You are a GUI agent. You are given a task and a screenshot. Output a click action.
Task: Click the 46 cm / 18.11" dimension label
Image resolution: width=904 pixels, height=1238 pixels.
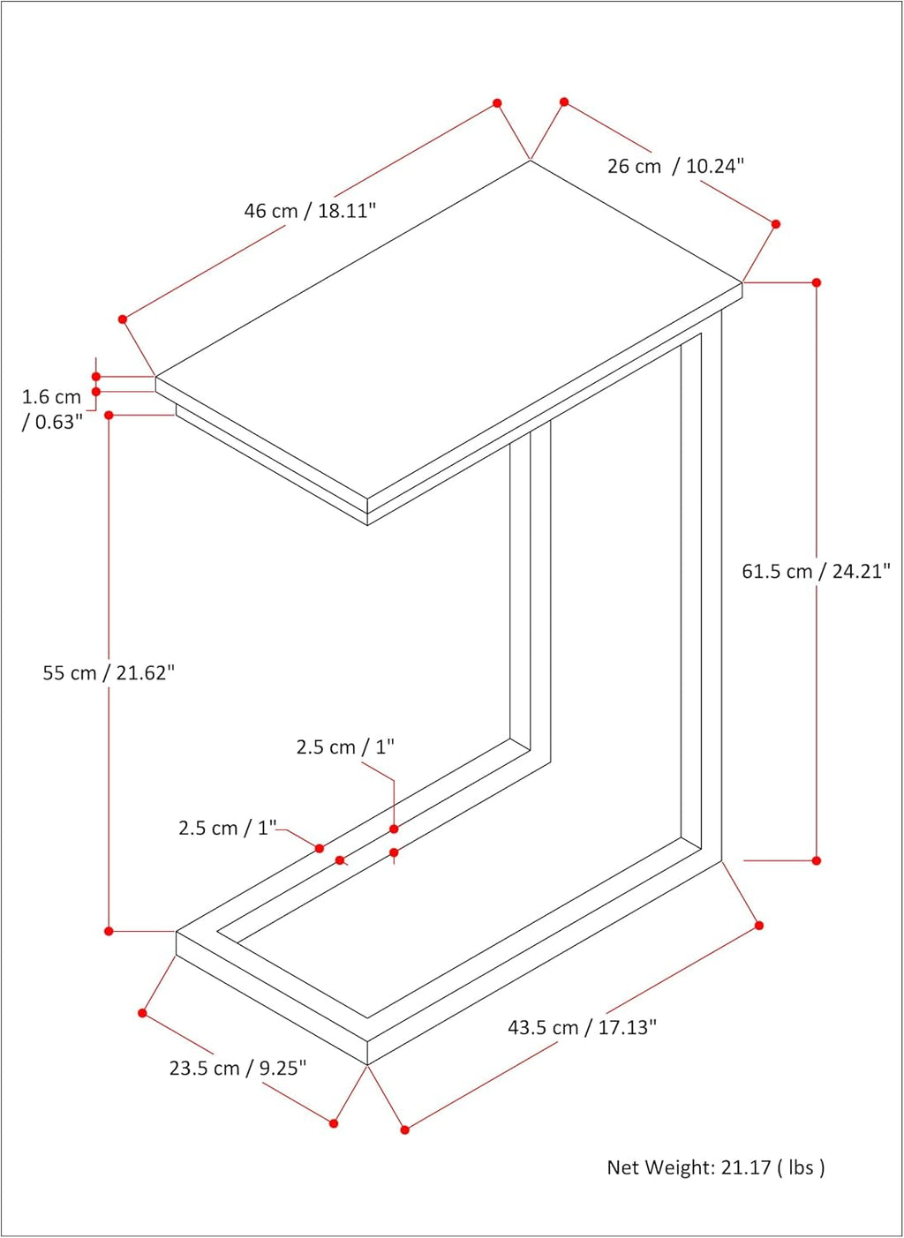click(x=310, y=211)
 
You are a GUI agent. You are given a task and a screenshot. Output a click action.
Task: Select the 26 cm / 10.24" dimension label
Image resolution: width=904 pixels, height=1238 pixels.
click(x=676, y=166)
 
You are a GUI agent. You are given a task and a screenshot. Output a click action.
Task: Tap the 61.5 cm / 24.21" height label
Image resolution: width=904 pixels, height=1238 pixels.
click(x=816, y=571)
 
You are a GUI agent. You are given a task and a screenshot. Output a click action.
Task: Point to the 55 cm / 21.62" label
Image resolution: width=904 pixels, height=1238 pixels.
click(x=109, y=673)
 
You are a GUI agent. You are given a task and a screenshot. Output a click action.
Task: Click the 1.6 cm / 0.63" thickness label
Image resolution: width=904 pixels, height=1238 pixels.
click(x=51, y=409)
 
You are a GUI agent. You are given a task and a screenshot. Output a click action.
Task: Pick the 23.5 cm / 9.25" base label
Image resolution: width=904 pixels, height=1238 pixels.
click(x=237, y=1069)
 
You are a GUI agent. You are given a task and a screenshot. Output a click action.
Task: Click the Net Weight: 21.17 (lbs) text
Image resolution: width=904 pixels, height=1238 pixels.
click(x=716, y=1167)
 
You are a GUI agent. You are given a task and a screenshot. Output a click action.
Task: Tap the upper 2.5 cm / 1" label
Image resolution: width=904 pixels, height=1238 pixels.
click(x=345, y=747)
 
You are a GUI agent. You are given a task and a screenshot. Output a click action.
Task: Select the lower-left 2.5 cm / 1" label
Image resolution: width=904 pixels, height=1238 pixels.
click(x=227, y=828)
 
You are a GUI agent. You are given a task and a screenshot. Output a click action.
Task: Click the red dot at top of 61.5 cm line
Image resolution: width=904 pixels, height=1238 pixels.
click(x=816, y=282)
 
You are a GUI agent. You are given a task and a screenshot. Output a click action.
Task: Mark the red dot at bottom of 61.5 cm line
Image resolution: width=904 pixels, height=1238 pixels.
click(x=816, y=860)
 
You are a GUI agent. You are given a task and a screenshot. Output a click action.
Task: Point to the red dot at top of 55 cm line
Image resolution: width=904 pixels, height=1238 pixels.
click(x=109, y=415)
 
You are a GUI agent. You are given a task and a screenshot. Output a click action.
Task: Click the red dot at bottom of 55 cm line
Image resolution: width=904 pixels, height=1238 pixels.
click(x=109, y=931)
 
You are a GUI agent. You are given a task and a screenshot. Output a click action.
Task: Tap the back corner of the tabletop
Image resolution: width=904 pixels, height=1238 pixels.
click(x=531, y=161)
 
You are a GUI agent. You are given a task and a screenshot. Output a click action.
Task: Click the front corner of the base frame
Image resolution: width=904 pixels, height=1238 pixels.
click(x=367, y=1064)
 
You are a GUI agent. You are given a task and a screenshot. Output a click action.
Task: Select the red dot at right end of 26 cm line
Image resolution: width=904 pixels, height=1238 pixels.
click(x=776, y=224)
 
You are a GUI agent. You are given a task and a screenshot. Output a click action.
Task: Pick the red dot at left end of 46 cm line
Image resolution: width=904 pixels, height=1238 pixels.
click(x=123, y=319)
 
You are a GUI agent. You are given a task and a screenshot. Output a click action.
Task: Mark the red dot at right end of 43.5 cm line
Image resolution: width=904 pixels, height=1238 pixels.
click(x=759, y=925)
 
